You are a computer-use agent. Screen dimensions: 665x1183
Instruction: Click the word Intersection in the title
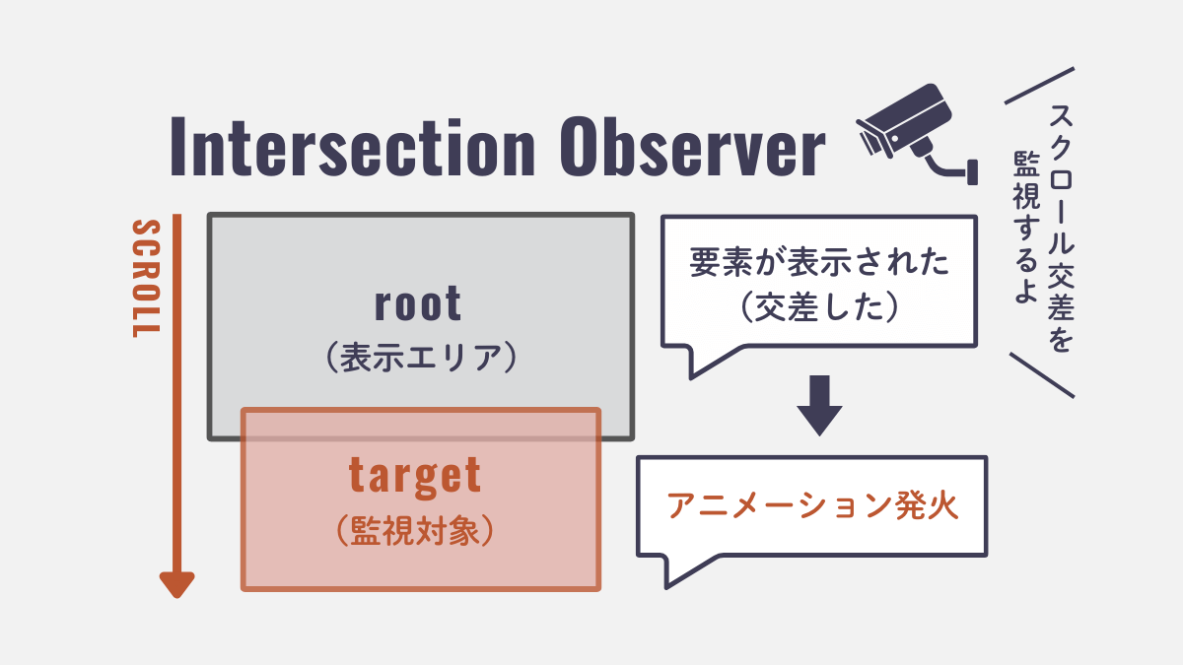tap(351, 148)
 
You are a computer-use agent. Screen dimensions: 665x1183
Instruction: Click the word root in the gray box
tap(418, 304)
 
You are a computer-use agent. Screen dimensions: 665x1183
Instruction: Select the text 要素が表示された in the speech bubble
tap(819, 263)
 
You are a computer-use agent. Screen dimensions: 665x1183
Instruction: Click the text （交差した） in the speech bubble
tap(819, 309)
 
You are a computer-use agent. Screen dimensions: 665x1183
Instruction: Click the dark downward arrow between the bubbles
tap(819, 405)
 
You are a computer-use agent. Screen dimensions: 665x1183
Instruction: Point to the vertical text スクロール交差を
tap(1059, 227)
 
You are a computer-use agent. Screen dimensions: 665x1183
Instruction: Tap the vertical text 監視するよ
tap(1025, 217)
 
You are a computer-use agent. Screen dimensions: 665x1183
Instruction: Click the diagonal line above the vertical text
tap(1038, 86)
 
